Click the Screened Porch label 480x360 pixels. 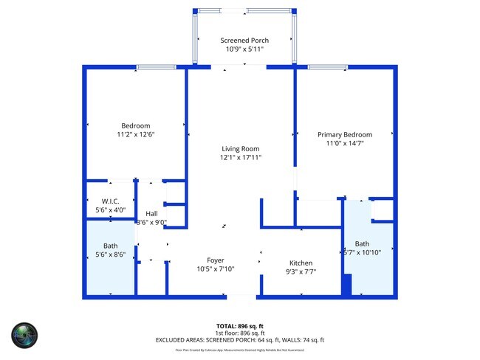pos(244,40)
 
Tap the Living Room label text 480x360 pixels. pos(240,148)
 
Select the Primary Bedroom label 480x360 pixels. pos(344,134)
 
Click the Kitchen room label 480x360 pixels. pos(301,263)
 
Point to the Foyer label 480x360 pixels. pos(215,260)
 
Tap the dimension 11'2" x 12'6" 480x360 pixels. pos(136,134)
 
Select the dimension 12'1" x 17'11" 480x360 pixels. pos(240,157)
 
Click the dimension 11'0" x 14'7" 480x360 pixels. pos(344,143)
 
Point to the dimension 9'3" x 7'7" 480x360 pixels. pos(301,272)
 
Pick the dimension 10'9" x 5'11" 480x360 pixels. pos(244,49)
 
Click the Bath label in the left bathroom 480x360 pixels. pos(111,246)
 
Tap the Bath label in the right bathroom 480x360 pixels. pos(362,244)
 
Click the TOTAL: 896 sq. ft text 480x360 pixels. pos(240,325)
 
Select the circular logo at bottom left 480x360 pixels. pos(25,336)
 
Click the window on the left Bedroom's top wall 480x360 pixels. pos(156,68)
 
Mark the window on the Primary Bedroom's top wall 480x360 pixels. pos(328,68)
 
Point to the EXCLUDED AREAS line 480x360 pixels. pos(240,339)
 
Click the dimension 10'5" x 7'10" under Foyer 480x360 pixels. pos(215,269)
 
